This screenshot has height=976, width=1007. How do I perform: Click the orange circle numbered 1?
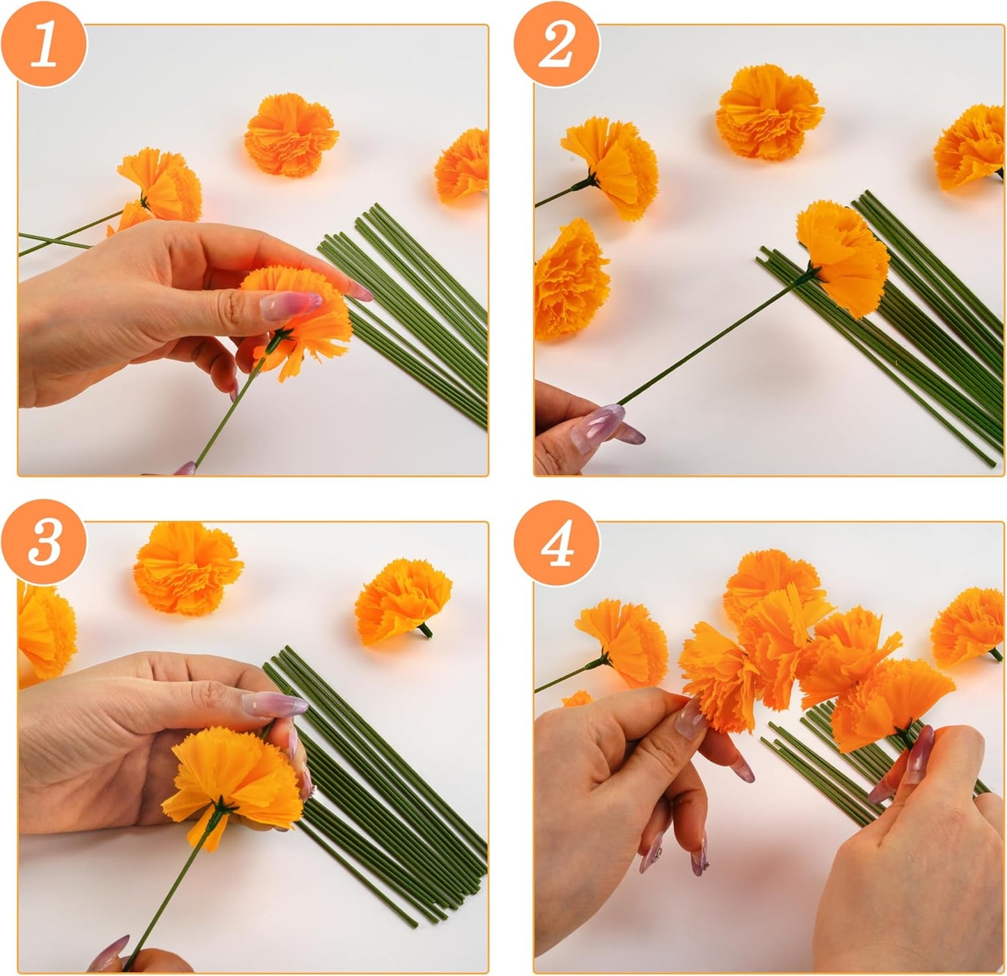click(45, 43)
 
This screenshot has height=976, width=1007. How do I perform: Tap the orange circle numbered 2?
click(556, 43)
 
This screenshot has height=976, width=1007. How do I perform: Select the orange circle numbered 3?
click(45, 542)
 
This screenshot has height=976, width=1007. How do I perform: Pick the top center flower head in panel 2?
click(770, 111)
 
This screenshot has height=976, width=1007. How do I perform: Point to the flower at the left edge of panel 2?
click(568, 279)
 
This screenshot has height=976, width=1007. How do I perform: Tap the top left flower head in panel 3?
click(188, 568)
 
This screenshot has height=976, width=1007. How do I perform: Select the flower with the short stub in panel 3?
click(403, 599)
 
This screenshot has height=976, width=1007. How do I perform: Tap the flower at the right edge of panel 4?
click(970, 625)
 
